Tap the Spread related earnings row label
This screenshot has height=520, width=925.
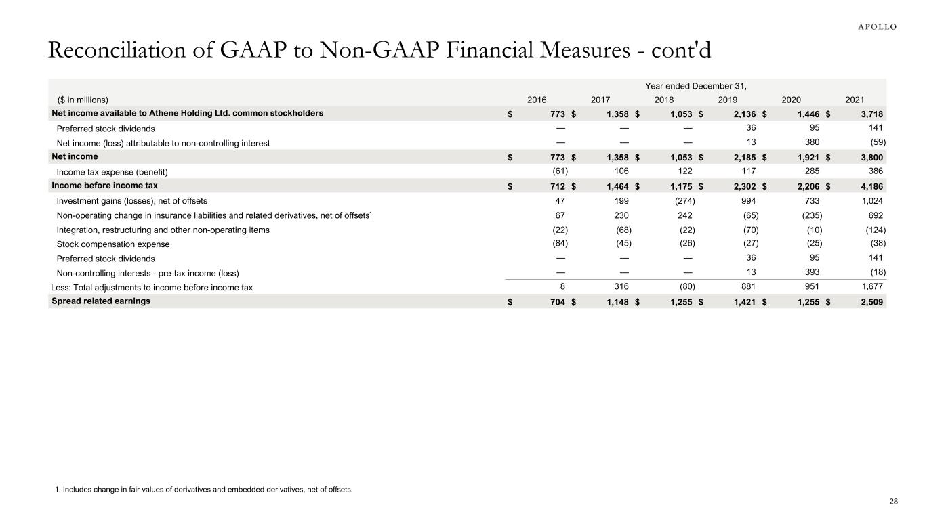[x=102, y=301]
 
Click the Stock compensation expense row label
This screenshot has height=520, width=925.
[x=113, y=244]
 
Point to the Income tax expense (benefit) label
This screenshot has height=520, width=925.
[x=112, y=171]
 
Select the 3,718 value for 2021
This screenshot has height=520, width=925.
[x=869, y=114]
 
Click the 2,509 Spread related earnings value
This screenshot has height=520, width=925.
[x=869, y=302]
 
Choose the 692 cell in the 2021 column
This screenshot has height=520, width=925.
[x=876, y=215]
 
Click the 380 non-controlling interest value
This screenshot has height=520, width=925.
[x=815, y=143]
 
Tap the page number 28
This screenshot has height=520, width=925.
[x=893, y=502]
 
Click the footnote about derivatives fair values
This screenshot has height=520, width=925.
[x=203, y=489]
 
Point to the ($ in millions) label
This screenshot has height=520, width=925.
[x=83, y=100]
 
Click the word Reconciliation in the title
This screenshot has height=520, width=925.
[x=108, y=50]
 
